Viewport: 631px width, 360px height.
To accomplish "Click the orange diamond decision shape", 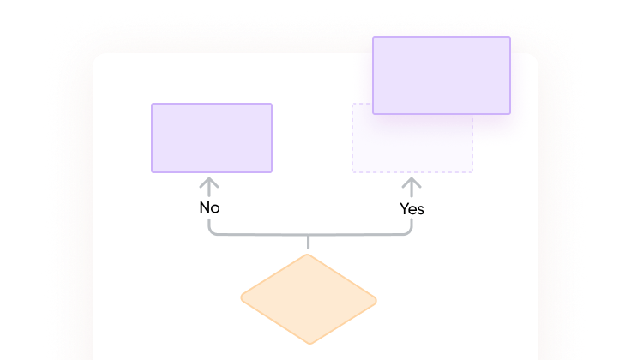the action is pyautogui.click(x=309, y=299).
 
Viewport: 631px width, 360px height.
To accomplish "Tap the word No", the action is pyautogui.click(x=210, y=207).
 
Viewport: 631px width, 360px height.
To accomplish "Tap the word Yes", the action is pyautogui.click(x=412, y=209).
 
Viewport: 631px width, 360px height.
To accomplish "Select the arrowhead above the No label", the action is pyautogui.click(x=209, y=183).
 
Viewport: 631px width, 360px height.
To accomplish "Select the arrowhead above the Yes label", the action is pyautogui.click(x=412, y=183).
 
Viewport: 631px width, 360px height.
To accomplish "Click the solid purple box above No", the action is pyautogui.click(x=212, y=138).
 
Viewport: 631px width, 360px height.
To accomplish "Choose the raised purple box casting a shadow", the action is pyautogui.click(x=442, y=75).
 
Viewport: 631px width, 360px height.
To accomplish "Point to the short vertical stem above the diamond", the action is pyautogui.click(x=309, y=242).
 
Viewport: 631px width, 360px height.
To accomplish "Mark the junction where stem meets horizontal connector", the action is pyautogui.click(x=309, y=234).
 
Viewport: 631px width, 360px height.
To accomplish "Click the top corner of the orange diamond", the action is pyautogui.click(x=309, y=255).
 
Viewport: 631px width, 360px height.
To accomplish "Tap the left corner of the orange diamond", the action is pyautogui.click(x=242, y=298).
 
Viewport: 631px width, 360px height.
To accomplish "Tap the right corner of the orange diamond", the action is pyautogui.click(x=376, y=301).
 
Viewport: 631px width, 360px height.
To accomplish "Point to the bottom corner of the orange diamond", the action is pyautogui.click(x=310, y=344).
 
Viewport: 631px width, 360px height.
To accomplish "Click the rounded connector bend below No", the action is pyautogui.click(x=212, y=231).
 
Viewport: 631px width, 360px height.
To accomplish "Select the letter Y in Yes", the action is pyautogui.click(x=404, y=208).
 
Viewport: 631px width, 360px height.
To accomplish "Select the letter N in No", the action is pyautogui.click(x=204, y=207).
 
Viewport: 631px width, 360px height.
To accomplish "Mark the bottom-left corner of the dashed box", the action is pyautogui.click(x=352, y=172).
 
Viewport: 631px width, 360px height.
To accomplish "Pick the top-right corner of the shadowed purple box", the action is pyautogui.click(x=510, y=37).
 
